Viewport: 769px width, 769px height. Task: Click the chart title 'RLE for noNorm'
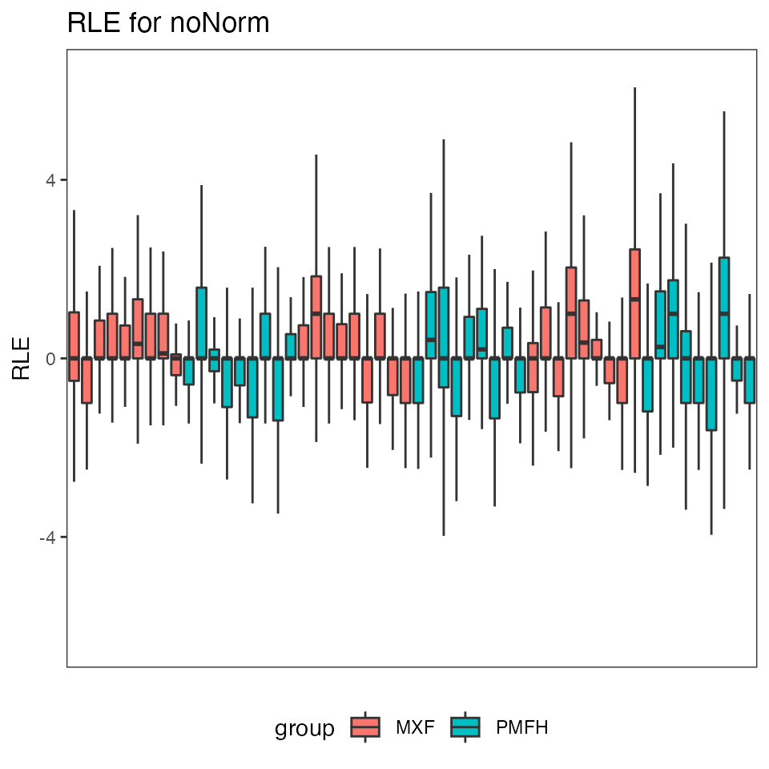click(168, 23)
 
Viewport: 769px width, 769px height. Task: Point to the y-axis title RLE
click(22, 358)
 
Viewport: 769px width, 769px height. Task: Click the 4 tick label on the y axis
click(49, 179)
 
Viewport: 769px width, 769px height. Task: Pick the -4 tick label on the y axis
click(46, 537)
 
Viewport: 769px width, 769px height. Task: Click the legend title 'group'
click(304, 728)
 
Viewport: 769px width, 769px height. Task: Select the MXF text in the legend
click(414, 727)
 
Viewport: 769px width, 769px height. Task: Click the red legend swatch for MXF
click(366, 727)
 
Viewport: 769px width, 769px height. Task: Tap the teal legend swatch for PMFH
click(465, 727)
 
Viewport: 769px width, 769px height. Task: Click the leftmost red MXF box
click(74, 346)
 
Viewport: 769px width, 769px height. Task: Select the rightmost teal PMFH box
click(750, 380)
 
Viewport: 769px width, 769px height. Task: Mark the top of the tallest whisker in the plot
click(635, 88)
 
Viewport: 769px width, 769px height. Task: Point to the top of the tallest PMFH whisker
click(724, 112)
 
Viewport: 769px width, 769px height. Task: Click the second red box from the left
click(87, 380)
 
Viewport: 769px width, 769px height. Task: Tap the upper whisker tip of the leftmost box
click(74, 211)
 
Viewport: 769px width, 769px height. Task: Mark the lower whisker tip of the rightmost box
click(750, 469)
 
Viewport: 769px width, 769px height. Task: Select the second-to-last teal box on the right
click(737, 368)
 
